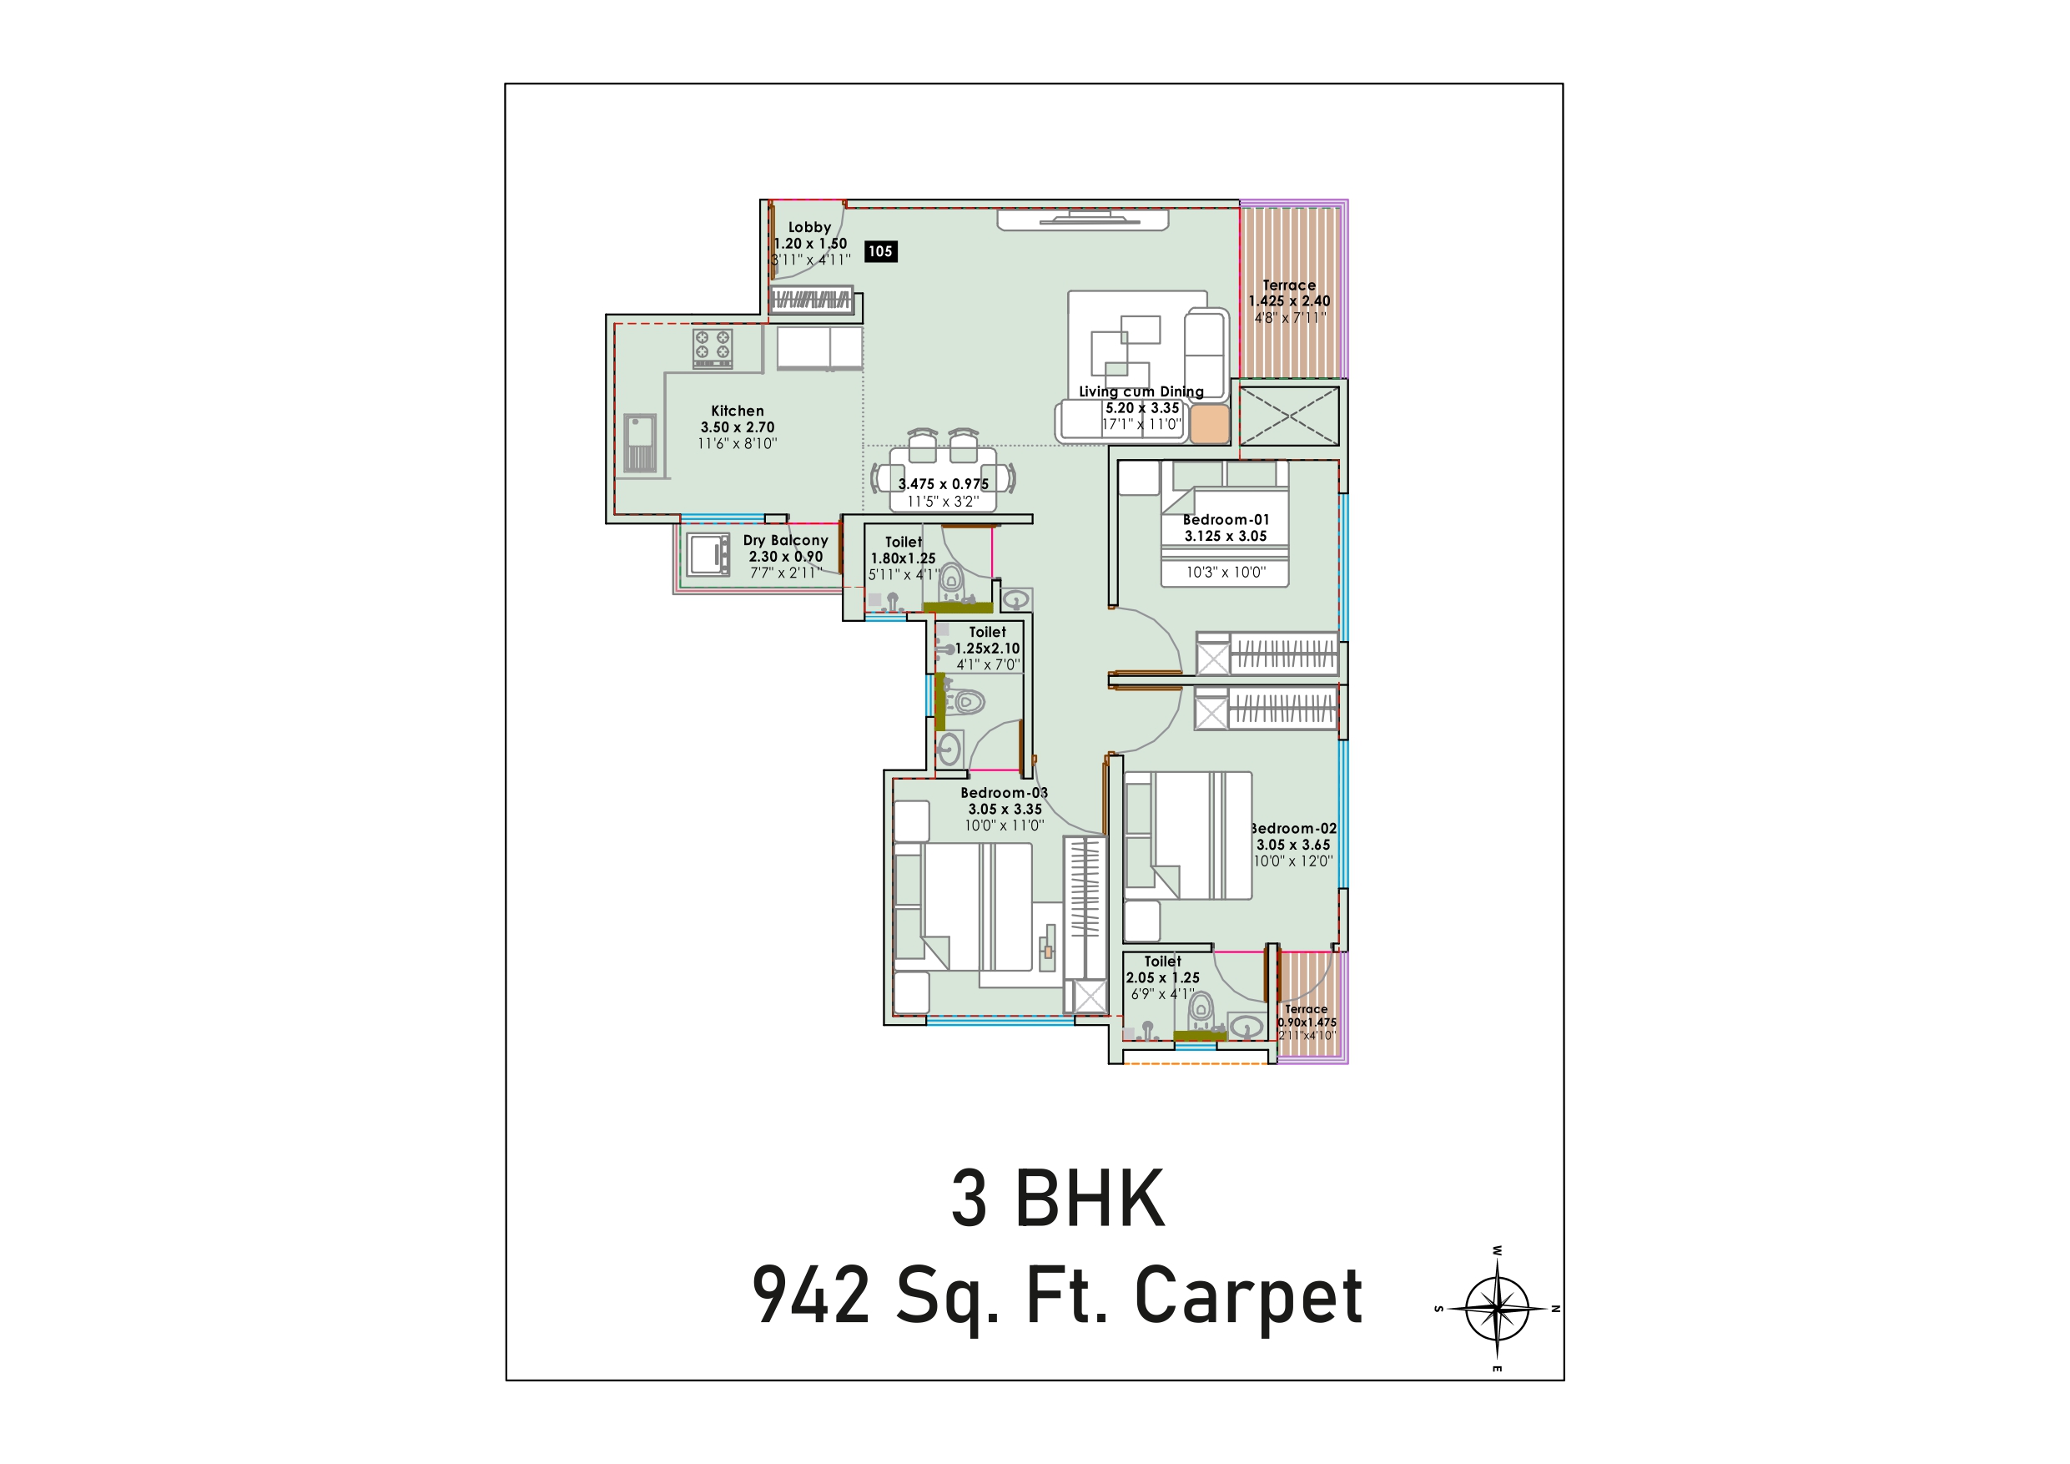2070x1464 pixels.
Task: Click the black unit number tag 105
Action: click(x=880, y=252)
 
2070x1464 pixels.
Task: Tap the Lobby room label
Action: click(x=809, y=227)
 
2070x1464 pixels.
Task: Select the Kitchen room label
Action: click(x=738, y=411)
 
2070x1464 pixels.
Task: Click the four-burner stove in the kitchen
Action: click(x=713, y=348)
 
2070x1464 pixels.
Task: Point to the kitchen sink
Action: click(x=640, y=443)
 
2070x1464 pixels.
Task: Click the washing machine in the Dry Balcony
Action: click(x=708, y=554)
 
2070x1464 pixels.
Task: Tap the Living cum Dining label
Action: click(x=1141, y=391)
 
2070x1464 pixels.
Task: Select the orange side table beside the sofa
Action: click(x=1209, y=424)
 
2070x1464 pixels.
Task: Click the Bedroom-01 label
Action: click(x=1226, y=519)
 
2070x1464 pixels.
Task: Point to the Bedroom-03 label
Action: click(x=1005, y=793)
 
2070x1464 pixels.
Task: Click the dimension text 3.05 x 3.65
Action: click(x=1294, y=846)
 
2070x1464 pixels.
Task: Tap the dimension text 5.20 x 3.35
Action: click(x=1142, y=407)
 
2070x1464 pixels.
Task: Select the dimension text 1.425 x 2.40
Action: click(x=1289, y=301)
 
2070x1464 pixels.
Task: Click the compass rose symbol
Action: click(x=1497, y=1309)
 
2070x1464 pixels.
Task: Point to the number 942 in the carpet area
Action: click(x=812, y=1295)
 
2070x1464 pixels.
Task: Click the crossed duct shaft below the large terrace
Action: click(x=1289, y=416)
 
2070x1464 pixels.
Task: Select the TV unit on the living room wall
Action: click(x=1083, y=220)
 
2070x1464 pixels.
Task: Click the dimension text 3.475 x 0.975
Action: click(x=943, y=484)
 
